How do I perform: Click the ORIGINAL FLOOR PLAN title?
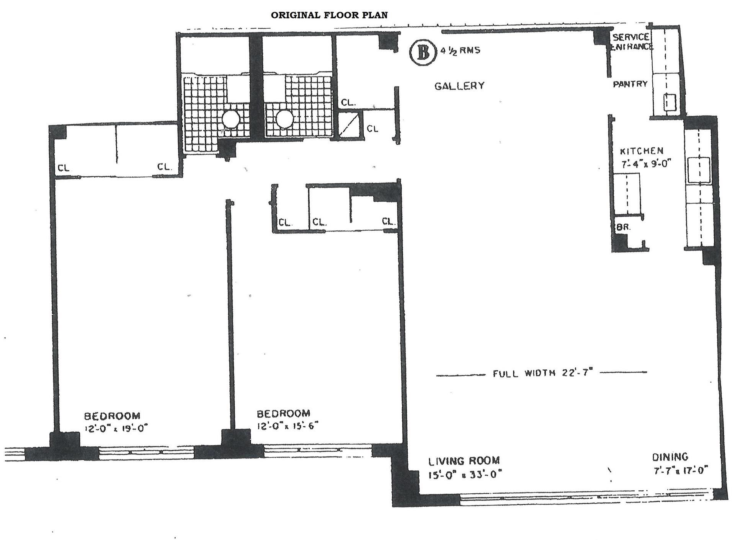click(329, 15)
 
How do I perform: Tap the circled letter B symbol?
click(423, 53)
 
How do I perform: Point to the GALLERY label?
click(459, 86)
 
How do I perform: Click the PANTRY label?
click(630, 84)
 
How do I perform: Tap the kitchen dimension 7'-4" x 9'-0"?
click(646, 164)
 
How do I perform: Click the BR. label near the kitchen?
click(623, 227)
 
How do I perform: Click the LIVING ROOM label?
click(464, 460)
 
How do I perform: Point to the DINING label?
click(670, 457)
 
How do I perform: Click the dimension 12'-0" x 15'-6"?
click(287, 425)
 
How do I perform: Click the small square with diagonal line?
click(350, 124)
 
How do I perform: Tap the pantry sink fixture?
click(669, 102)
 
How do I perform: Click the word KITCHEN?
click(641, 151)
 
